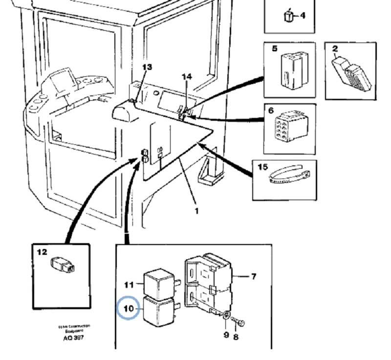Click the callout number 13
(147, 67)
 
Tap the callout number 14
(187, 77)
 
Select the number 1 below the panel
(196, 211)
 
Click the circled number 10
(128, 309)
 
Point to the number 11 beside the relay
(129, 284)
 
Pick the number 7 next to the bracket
(253, 277)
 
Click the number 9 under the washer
(226, 335)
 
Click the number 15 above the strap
(262, 167)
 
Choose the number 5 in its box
(275, 48)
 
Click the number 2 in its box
(335, 48)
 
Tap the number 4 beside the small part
(303, 16)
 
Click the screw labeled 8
(239, 322)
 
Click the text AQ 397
(73, 338)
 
